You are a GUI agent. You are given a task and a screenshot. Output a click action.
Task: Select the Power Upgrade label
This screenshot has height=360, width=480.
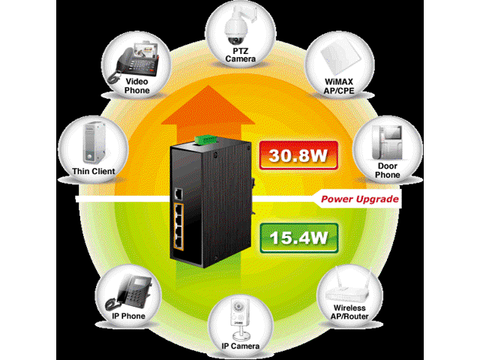358,199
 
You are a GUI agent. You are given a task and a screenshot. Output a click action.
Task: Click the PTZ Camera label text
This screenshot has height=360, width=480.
240,53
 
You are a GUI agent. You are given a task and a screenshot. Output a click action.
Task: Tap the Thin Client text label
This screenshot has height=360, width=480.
94,172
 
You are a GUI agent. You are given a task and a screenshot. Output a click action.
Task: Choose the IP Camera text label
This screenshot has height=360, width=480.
240,346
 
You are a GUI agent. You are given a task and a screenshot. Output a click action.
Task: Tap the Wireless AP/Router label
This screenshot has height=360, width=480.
349,312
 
